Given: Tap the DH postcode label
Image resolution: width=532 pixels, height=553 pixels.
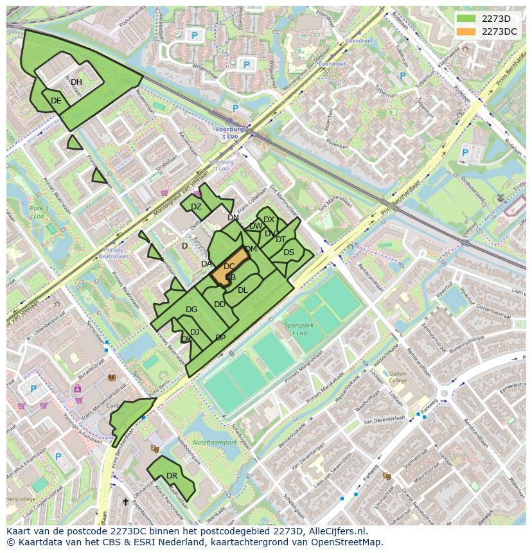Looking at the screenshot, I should (x=76, y=82).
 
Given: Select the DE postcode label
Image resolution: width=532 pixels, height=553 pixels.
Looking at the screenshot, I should (x=56, y=101).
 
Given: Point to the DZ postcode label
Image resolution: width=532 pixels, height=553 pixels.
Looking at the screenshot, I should (x=196, y=206).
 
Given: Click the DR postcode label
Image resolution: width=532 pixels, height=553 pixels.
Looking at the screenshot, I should (x=172, y=476).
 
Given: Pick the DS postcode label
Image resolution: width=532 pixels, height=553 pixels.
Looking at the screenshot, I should (x=288, y=252).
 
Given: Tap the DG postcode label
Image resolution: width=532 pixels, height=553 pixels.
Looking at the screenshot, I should (x=191, y=310).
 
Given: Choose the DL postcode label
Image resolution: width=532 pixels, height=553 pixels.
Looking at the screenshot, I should (x=242, y=290).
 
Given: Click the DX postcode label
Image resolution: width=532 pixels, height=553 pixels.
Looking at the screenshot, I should (x=269, y=220).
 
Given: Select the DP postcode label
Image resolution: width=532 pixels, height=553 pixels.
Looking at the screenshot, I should (x=220, y=338).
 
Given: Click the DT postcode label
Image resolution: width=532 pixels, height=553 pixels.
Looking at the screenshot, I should (x=281, y=240).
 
